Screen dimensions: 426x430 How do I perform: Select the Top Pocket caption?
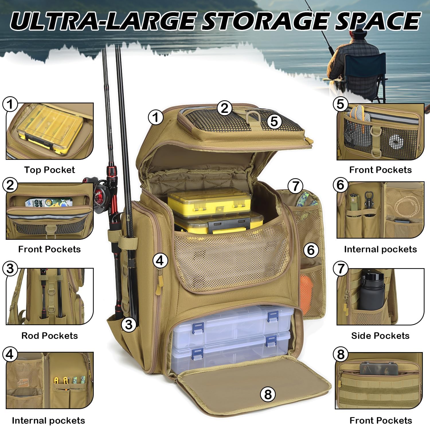pos(49,170)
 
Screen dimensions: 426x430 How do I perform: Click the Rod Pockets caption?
pos(50,335)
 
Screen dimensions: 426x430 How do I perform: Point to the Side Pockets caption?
pos(380,335)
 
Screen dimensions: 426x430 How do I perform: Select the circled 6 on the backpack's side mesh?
pos(311,250)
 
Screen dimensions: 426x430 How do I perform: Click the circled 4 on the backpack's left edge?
pos(160,260)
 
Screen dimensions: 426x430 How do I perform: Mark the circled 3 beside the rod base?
pos(129,324)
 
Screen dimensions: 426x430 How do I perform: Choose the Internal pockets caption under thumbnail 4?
pos(48,420)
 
